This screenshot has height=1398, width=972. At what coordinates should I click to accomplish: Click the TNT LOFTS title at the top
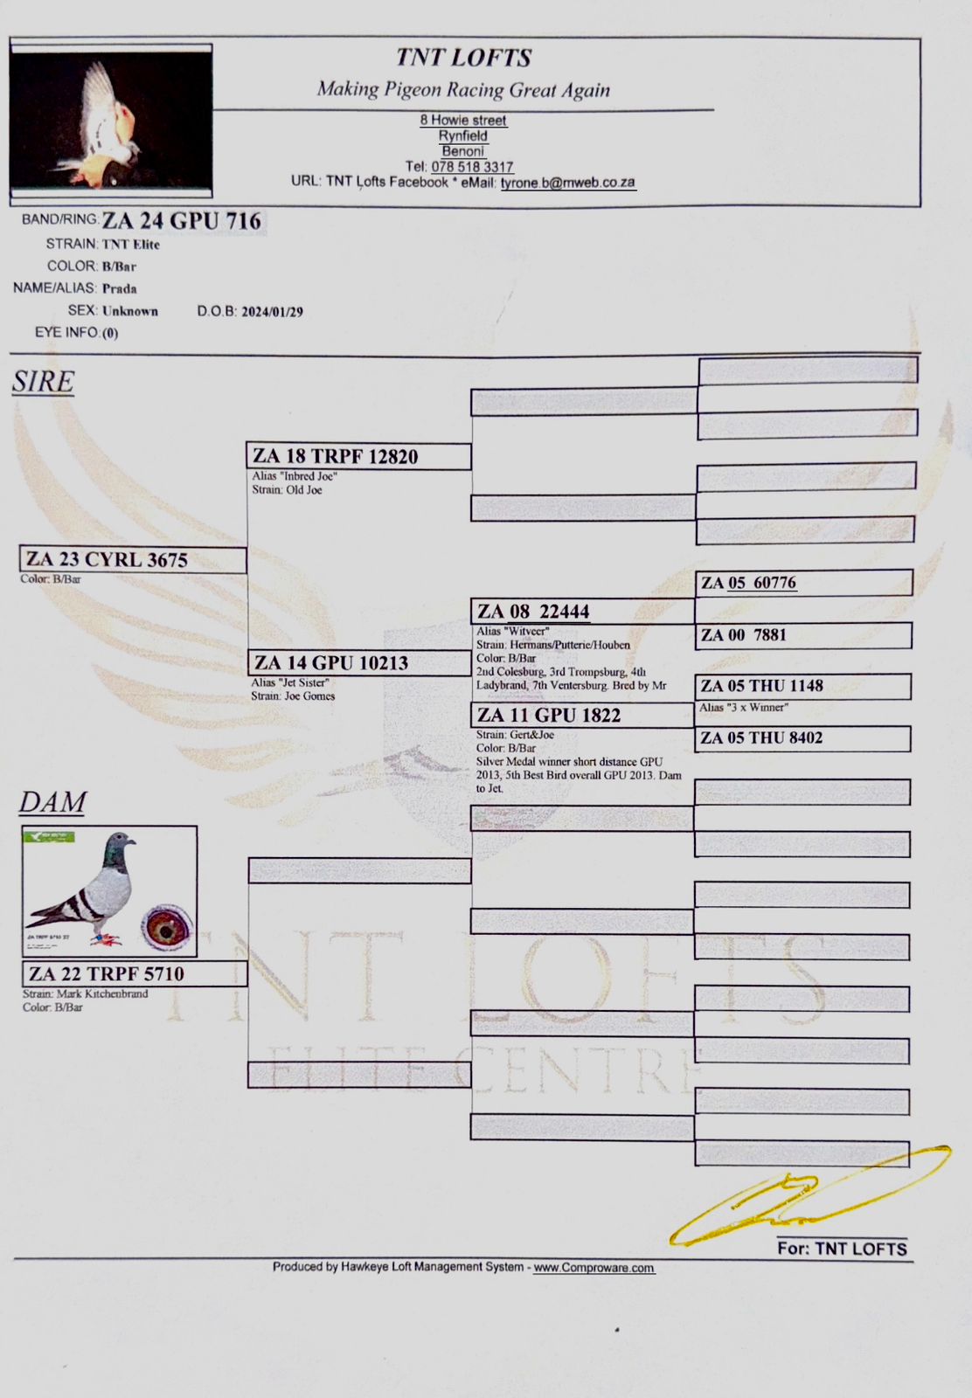tap(463, 58)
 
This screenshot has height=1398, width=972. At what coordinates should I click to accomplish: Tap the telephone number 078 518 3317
tap(472, 167)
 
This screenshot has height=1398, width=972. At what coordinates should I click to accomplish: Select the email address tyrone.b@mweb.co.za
tap(567, 183)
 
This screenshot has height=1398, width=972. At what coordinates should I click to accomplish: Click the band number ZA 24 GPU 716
tap(182, 221)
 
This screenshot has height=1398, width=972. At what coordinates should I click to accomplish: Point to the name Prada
tap(120, 288)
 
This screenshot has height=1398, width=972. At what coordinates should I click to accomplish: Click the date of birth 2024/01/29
tap(272, 312)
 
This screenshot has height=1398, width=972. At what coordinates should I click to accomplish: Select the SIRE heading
tap(43, 382)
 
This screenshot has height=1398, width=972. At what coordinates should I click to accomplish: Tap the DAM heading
tap(52, 802)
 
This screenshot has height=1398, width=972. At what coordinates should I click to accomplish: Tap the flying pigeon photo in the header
tap(111, 121)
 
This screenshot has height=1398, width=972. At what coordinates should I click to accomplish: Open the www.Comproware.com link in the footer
tap(594, 1268)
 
